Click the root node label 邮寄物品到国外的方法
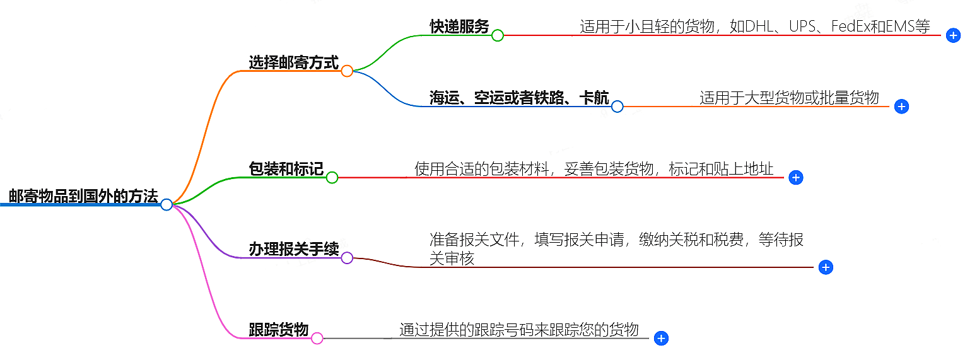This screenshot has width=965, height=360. point(83,196)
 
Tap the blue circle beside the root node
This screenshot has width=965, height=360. point(167,204)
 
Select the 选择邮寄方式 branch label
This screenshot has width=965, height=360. point(293,62)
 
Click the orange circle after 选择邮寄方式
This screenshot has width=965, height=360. point(346,71)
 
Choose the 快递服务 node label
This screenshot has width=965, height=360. point(459,26)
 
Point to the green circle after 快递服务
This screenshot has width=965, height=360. point(497,35)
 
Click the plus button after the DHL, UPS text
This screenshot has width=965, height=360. point(954,35)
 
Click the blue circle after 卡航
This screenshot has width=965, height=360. point(617,107)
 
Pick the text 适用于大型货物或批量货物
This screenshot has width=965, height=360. point(789,98)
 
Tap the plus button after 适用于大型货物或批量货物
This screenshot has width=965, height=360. point(902,107)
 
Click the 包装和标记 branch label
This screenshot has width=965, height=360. point(286,169)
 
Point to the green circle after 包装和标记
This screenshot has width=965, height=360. point(332,178)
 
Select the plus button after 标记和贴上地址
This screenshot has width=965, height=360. point(796,178)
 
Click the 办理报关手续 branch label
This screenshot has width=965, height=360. point(293,249)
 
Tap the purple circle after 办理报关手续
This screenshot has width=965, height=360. point(346,258)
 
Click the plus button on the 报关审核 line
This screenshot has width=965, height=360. point(826,267)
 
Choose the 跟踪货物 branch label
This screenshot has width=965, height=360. point(278,330)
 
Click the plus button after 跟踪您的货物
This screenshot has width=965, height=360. point(661,339)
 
